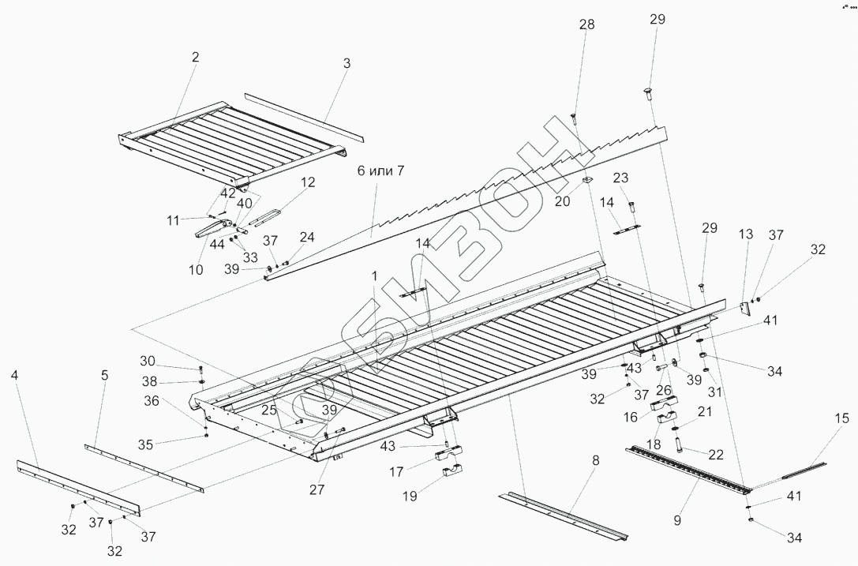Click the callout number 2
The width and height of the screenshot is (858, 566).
click(196, 57)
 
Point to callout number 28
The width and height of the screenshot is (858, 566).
click(586, 25)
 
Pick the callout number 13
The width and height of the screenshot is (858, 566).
click(746, 234)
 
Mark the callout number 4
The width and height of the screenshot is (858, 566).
click(15, 376)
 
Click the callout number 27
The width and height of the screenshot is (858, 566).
click(317, 489)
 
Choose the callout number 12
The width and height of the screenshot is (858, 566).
click(308, 182)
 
